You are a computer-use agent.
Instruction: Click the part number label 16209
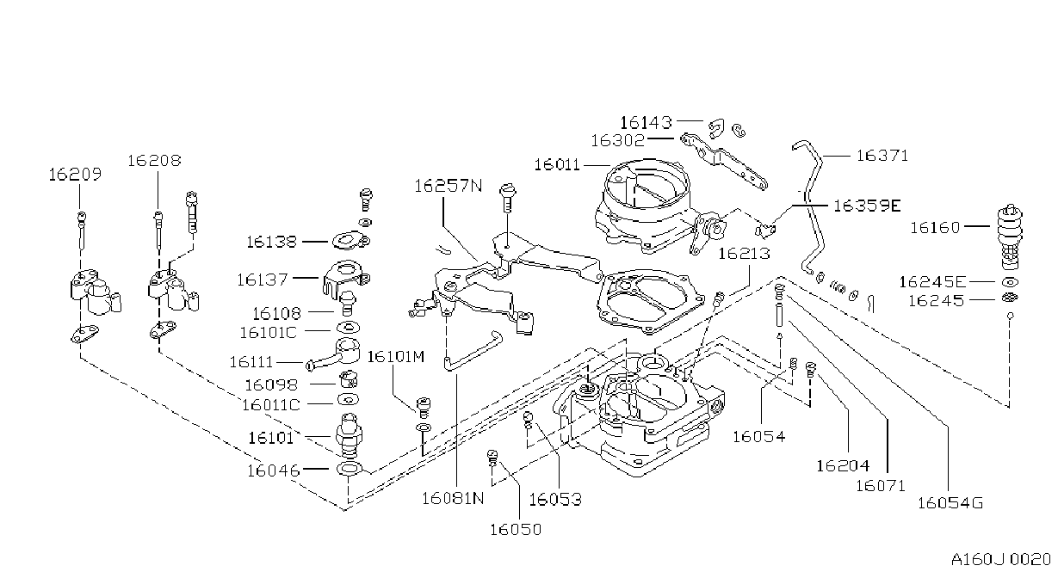pos(75,175)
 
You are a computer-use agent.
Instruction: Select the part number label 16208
pos(154,161)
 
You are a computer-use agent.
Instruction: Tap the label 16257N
pos(449,186)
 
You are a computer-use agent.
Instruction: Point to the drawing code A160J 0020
pos(1000,559)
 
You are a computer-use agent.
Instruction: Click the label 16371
pos(882,156)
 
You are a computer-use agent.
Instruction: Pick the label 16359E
pos(867,206)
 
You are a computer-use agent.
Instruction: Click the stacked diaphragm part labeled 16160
pos(1010,237)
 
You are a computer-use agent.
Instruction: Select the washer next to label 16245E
pos(1010,282)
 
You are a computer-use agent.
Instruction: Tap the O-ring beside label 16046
pos(350,469)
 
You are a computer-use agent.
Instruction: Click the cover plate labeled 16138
pos(350,241)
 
